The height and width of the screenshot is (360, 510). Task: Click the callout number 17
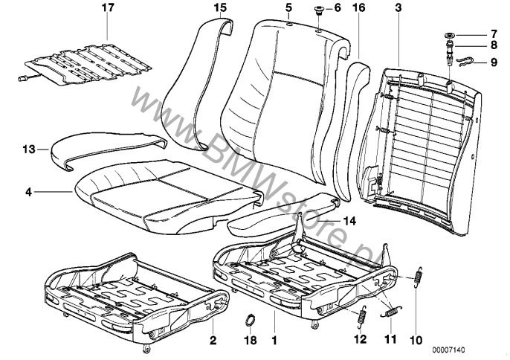coord(109,10)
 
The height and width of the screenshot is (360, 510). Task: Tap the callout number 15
coord(219,8)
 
